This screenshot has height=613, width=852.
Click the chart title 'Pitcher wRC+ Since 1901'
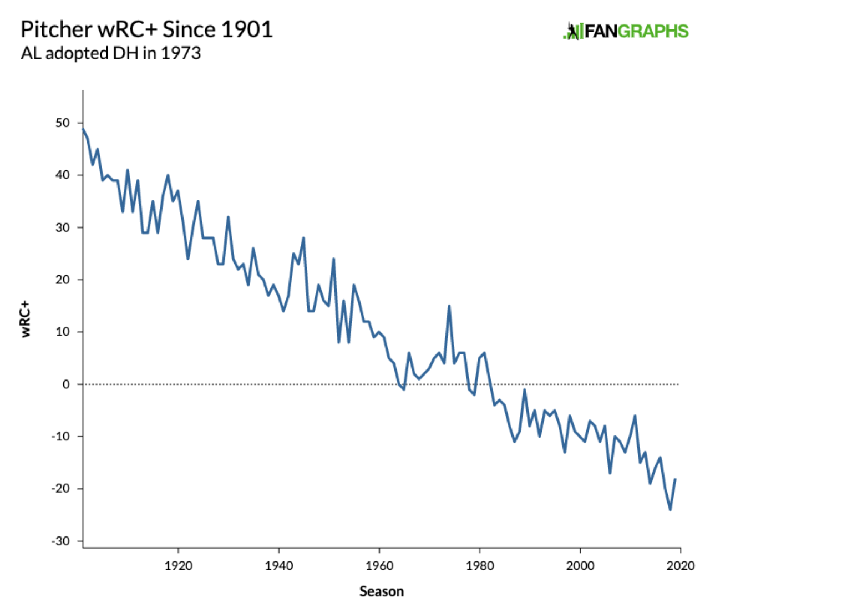click(146, 29)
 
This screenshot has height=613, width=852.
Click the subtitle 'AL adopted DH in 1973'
click(110, 53)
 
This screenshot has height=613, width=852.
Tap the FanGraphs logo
click(626, 31)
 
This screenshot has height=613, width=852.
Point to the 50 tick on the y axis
click(63, 123)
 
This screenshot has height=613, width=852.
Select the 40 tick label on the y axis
click(63, 175)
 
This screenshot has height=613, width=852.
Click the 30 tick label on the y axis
click(63, 227)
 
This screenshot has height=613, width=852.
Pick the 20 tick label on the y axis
click(63, 280)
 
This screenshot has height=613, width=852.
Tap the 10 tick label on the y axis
click(63, 332)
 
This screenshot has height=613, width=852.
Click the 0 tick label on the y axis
click(66, 384)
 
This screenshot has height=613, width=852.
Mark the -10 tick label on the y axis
click(60, 436)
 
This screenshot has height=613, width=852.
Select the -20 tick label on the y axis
click(60, 489)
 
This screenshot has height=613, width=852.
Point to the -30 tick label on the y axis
click(60, 541)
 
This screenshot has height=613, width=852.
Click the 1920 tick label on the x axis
click(178, 565)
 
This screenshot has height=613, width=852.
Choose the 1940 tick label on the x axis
click(278, 565)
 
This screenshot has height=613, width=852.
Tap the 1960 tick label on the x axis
click(379, 565)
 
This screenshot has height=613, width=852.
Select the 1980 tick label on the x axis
click(480, 565)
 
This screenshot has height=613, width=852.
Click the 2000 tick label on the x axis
click(580, 565)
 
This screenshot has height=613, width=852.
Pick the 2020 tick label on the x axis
click(681, 565)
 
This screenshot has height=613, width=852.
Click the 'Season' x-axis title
click(382, 591)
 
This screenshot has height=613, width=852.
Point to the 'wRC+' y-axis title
click(26, 319)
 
